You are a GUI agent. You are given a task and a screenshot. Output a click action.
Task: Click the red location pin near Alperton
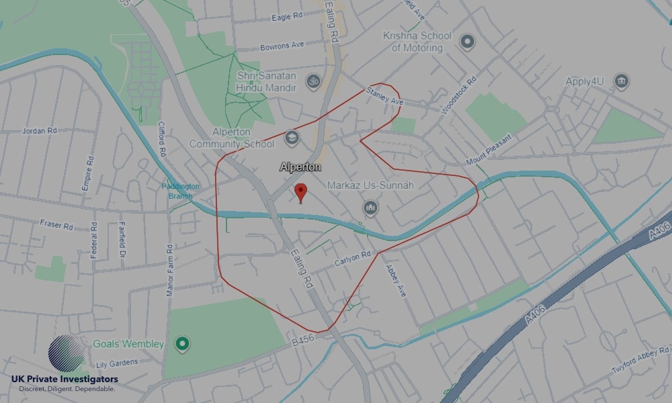pos(301,192)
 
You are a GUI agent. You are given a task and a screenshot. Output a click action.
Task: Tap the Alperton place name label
pos(300,167)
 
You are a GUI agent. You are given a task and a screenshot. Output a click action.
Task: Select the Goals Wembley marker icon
pos(181,345)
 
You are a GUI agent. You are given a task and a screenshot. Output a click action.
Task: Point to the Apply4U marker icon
pos(622,82)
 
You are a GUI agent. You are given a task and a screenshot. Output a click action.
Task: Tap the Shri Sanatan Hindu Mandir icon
pos(312,82)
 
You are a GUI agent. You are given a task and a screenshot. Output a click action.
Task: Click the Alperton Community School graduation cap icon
pos(291,138)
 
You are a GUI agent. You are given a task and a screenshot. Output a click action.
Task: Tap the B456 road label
pos(303,342)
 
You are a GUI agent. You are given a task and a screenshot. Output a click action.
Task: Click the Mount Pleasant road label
pos(489,151)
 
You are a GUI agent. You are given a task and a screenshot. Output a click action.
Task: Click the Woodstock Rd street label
pos(459,93)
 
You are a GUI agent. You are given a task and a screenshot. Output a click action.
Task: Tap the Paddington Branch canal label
pos(180,191)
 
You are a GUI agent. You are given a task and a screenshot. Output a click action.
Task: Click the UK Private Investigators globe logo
pos(67,354)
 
